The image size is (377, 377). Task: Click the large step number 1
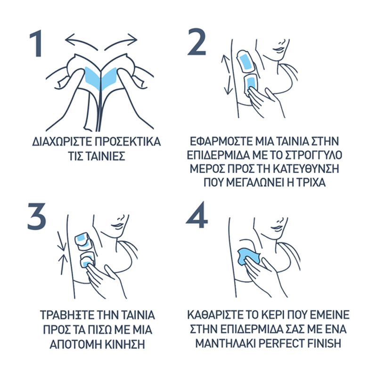pos(36,43)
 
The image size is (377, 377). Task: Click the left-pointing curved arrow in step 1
pos(80,40)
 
